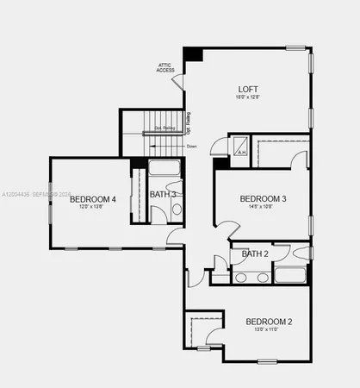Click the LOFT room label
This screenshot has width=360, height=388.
(248, 89)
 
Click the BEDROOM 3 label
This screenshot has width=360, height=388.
(263, 199)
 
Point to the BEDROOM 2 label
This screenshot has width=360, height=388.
(269, 322)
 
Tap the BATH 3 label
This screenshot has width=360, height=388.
(163, 194)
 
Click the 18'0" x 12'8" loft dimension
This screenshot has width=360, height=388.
(248, 98)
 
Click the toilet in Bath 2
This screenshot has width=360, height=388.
(300, 253)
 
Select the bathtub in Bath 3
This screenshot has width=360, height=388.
(163, 168)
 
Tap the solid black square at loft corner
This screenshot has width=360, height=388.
(192, 54)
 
